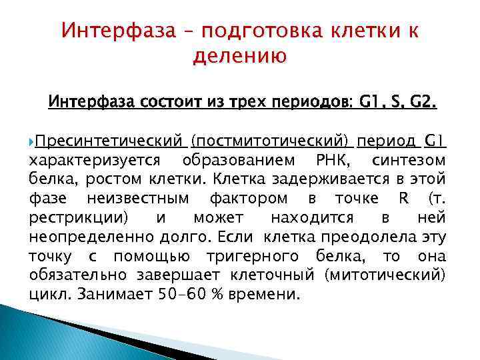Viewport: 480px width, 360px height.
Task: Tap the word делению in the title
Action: [239, 57]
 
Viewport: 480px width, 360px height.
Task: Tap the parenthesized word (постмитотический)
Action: [269, 141]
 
